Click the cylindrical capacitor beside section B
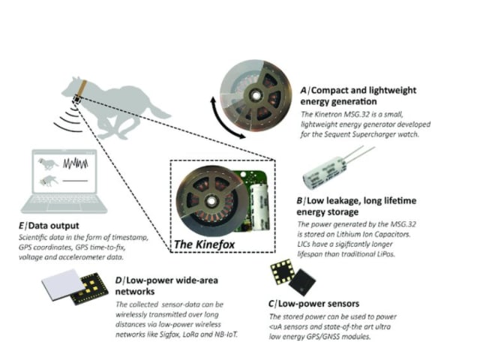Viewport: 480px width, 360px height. click(x=323, y=173)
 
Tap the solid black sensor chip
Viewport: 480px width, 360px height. click(x=301, y=282)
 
